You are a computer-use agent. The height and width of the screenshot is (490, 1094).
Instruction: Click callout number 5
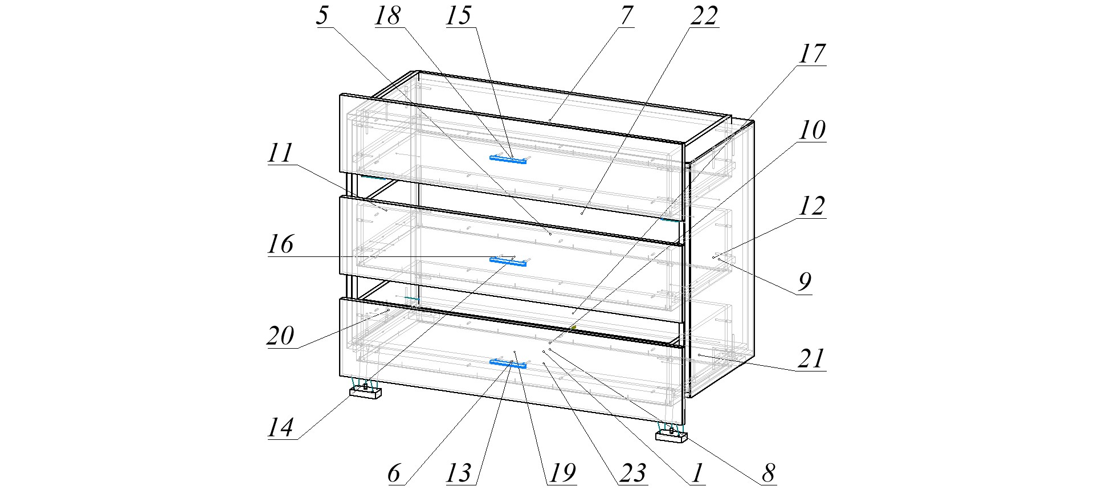pos(323,15)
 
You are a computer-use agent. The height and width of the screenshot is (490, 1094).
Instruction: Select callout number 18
pos(388,15)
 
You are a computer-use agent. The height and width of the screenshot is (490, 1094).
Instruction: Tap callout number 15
pos(459,15)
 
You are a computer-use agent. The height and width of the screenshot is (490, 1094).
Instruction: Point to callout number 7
pos(626,15)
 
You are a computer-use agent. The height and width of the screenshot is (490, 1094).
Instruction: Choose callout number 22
pos(704,15)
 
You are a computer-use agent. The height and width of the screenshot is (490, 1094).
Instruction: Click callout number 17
pos(811,54)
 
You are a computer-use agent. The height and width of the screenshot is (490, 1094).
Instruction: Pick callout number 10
pos(811,130)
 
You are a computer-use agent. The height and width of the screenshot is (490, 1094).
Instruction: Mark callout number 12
pos(811,206)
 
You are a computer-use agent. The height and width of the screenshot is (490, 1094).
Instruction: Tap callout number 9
pos(804,281)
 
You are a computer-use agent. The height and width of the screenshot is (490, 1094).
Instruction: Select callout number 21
pos(811,358)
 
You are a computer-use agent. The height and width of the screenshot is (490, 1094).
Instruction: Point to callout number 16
pos(281,244)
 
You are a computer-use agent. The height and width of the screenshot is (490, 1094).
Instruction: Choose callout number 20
pos(281,336)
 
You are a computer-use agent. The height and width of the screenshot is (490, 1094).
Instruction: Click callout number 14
pos(281,427)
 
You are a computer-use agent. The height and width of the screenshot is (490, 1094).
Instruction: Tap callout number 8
pos(769,472)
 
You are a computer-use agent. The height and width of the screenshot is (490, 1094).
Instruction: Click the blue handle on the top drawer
pos(508,160)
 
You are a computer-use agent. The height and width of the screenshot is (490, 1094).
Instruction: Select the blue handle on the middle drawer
pos(508,262)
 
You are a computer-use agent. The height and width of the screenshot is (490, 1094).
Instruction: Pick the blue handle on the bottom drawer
pos(508,364)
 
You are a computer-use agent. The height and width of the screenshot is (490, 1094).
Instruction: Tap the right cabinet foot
pos(671,436)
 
